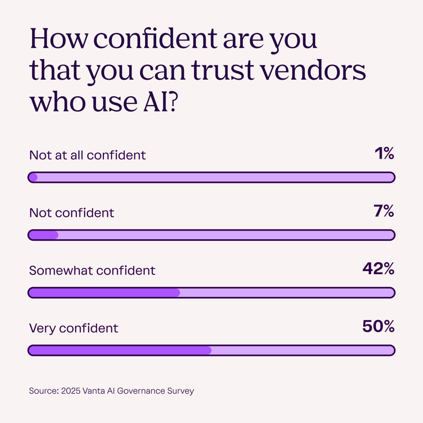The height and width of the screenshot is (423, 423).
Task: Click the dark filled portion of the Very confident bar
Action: pyautogui.click(x=120, y=350)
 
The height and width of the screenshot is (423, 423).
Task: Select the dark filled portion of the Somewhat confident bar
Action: pyautogui.click(x=104, y=293)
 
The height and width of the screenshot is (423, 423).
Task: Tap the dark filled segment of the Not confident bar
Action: pyautogui.click(x=43, y=235)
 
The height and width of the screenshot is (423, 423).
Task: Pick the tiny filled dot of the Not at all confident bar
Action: pyautogui.click(x=33, y=178)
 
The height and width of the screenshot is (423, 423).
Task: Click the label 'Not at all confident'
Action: pyautogui.click(x=88, y=155)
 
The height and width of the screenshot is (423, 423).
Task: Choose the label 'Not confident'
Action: pyautogui.click(x=71, y=213)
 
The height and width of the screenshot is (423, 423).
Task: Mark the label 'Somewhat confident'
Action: pyautogui.click(x=92, y=271)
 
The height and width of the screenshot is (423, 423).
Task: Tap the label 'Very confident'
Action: pyautogui.click(x=74, y=328)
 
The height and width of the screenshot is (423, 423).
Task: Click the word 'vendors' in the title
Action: pyautogui.click(x=314, y=71)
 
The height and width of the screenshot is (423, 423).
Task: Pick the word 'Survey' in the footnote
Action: pyautogui.click(x=181, y=391)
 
